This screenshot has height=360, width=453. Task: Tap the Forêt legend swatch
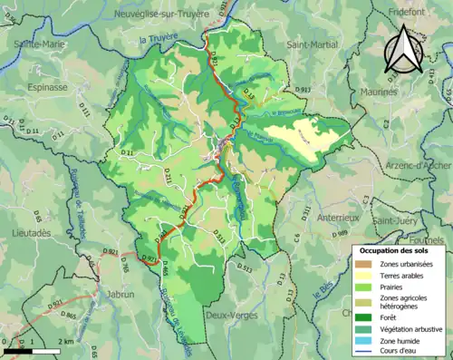pyautogui.click(x=365, y=317)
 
